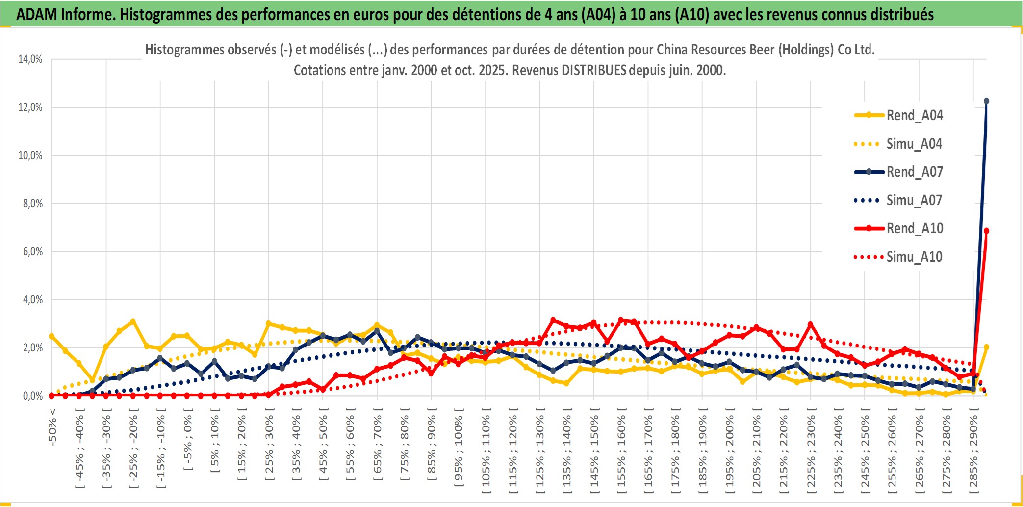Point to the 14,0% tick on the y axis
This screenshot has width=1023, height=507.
click(30, 59)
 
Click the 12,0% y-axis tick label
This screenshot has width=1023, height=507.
click(30, 107)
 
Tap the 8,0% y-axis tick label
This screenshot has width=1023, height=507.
click(32, 204)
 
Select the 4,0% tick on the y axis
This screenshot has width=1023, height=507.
click(32, 300)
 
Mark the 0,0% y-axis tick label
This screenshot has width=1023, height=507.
click(32, 396)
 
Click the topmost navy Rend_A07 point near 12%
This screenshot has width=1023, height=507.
click(986, 101)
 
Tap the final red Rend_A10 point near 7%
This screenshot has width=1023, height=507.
click(986, 231)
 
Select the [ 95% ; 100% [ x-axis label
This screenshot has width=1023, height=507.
click(459, 447)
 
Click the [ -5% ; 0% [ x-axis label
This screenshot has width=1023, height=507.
click(187, 439)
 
